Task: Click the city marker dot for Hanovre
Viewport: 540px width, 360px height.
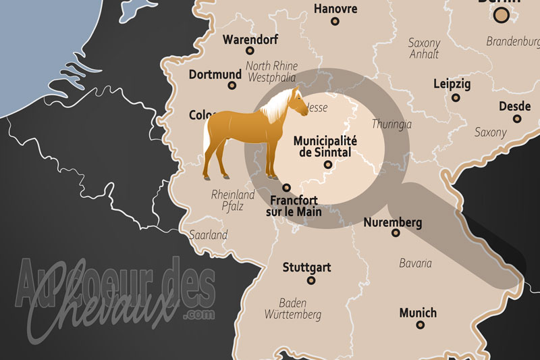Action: [x=335, y=21]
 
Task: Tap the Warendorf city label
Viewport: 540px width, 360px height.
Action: [x=250, y=39]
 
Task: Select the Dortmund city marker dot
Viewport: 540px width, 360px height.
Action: [x=233, y=86]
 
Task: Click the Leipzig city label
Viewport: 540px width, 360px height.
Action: [x=452, y=84]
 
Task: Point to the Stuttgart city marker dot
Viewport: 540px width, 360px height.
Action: [x=311, y=280]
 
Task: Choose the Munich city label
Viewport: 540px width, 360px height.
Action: [x=418, y=313]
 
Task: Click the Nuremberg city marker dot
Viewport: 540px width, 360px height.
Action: [x=396, y=233]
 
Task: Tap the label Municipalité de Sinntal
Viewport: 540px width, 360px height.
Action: [x=326, y=147]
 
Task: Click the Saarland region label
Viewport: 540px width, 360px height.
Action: [x=209, y=236]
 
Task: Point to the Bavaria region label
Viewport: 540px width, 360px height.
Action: [x=415, y=263]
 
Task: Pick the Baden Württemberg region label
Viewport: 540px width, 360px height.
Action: [x=301, y=309]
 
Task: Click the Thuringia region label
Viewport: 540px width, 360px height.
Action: [x=391, y=125]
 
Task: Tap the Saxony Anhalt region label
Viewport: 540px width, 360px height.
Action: [x=424, y=48]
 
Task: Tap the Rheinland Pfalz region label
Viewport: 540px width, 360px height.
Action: [x=233, y=201]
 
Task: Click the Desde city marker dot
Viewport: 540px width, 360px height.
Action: [x=517, y=118]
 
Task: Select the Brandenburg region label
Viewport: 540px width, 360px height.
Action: [x=513, y=41]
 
